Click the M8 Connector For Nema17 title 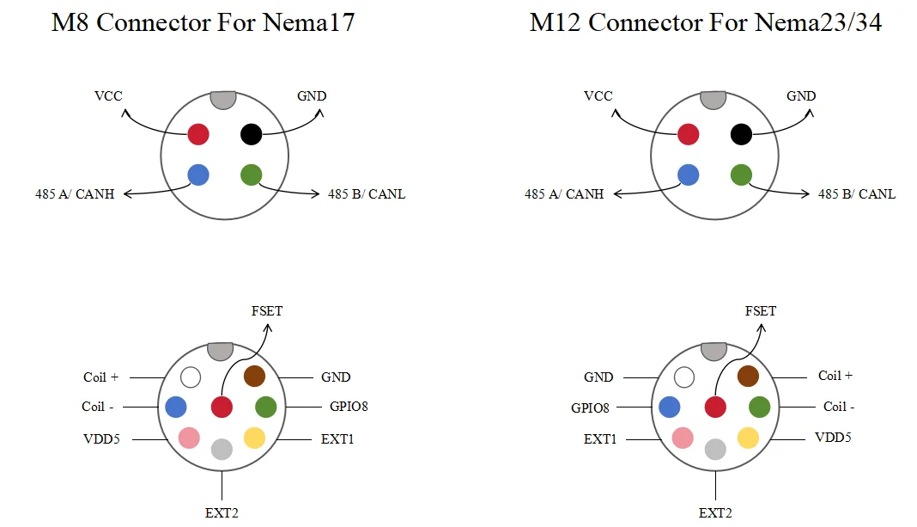[x=203, y=22]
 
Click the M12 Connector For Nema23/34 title [x=705, y=22]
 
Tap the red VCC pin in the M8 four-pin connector [x=198, y=134]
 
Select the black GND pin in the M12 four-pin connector [x=741, y=134]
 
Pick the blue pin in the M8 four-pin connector [x=198, y=175]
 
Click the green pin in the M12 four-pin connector [x=741, y=175]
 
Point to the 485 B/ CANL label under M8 [x=366, y=193]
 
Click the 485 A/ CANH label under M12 [x=564, y=193]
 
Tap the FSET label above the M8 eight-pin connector [x=267, y=311]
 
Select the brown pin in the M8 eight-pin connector [x=254, y=376]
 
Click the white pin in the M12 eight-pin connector [x=684, y=377]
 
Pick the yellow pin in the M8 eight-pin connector [x=254, y=438]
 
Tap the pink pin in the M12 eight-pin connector [x=683, y=438]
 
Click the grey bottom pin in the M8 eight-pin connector [x=222, y=449]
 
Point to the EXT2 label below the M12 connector [x=715, y=513]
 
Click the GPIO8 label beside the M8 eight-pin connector [x=349, y=407]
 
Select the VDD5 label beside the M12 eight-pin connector [x=833, y=438]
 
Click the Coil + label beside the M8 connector [x=100, y=377]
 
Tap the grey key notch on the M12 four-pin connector [x=713, y=100]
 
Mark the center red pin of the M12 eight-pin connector [x=715, y=407]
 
